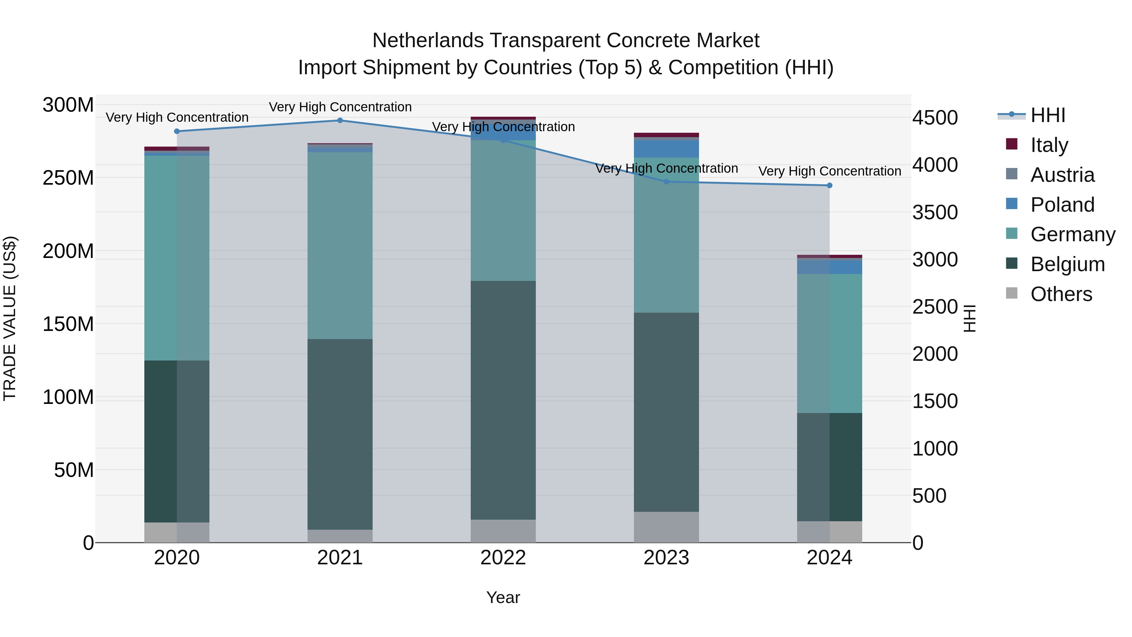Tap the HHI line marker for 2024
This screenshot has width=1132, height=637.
click(x=829, y=186)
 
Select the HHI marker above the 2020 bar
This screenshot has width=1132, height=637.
click(x=177, y=131)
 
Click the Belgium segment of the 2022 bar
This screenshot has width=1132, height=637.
click(x=503, y=400)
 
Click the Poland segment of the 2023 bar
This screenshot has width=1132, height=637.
click(x=666, y=148)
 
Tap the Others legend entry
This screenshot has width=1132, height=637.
click(x=1061, y=294)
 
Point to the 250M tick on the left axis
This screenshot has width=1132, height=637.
click(x=68, y=178)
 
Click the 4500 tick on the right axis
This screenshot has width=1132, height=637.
click(x=935, y=118)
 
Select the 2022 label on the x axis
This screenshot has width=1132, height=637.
click(x=503, y=558)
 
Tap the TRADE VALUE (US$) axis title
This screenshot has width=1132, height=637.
click(x=10, y=318)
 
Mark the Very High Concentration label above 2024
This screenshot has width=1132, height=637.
click(x=829, y=171)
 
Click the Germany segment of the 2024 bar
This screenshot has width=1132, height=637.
click(x=829, y=343)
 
